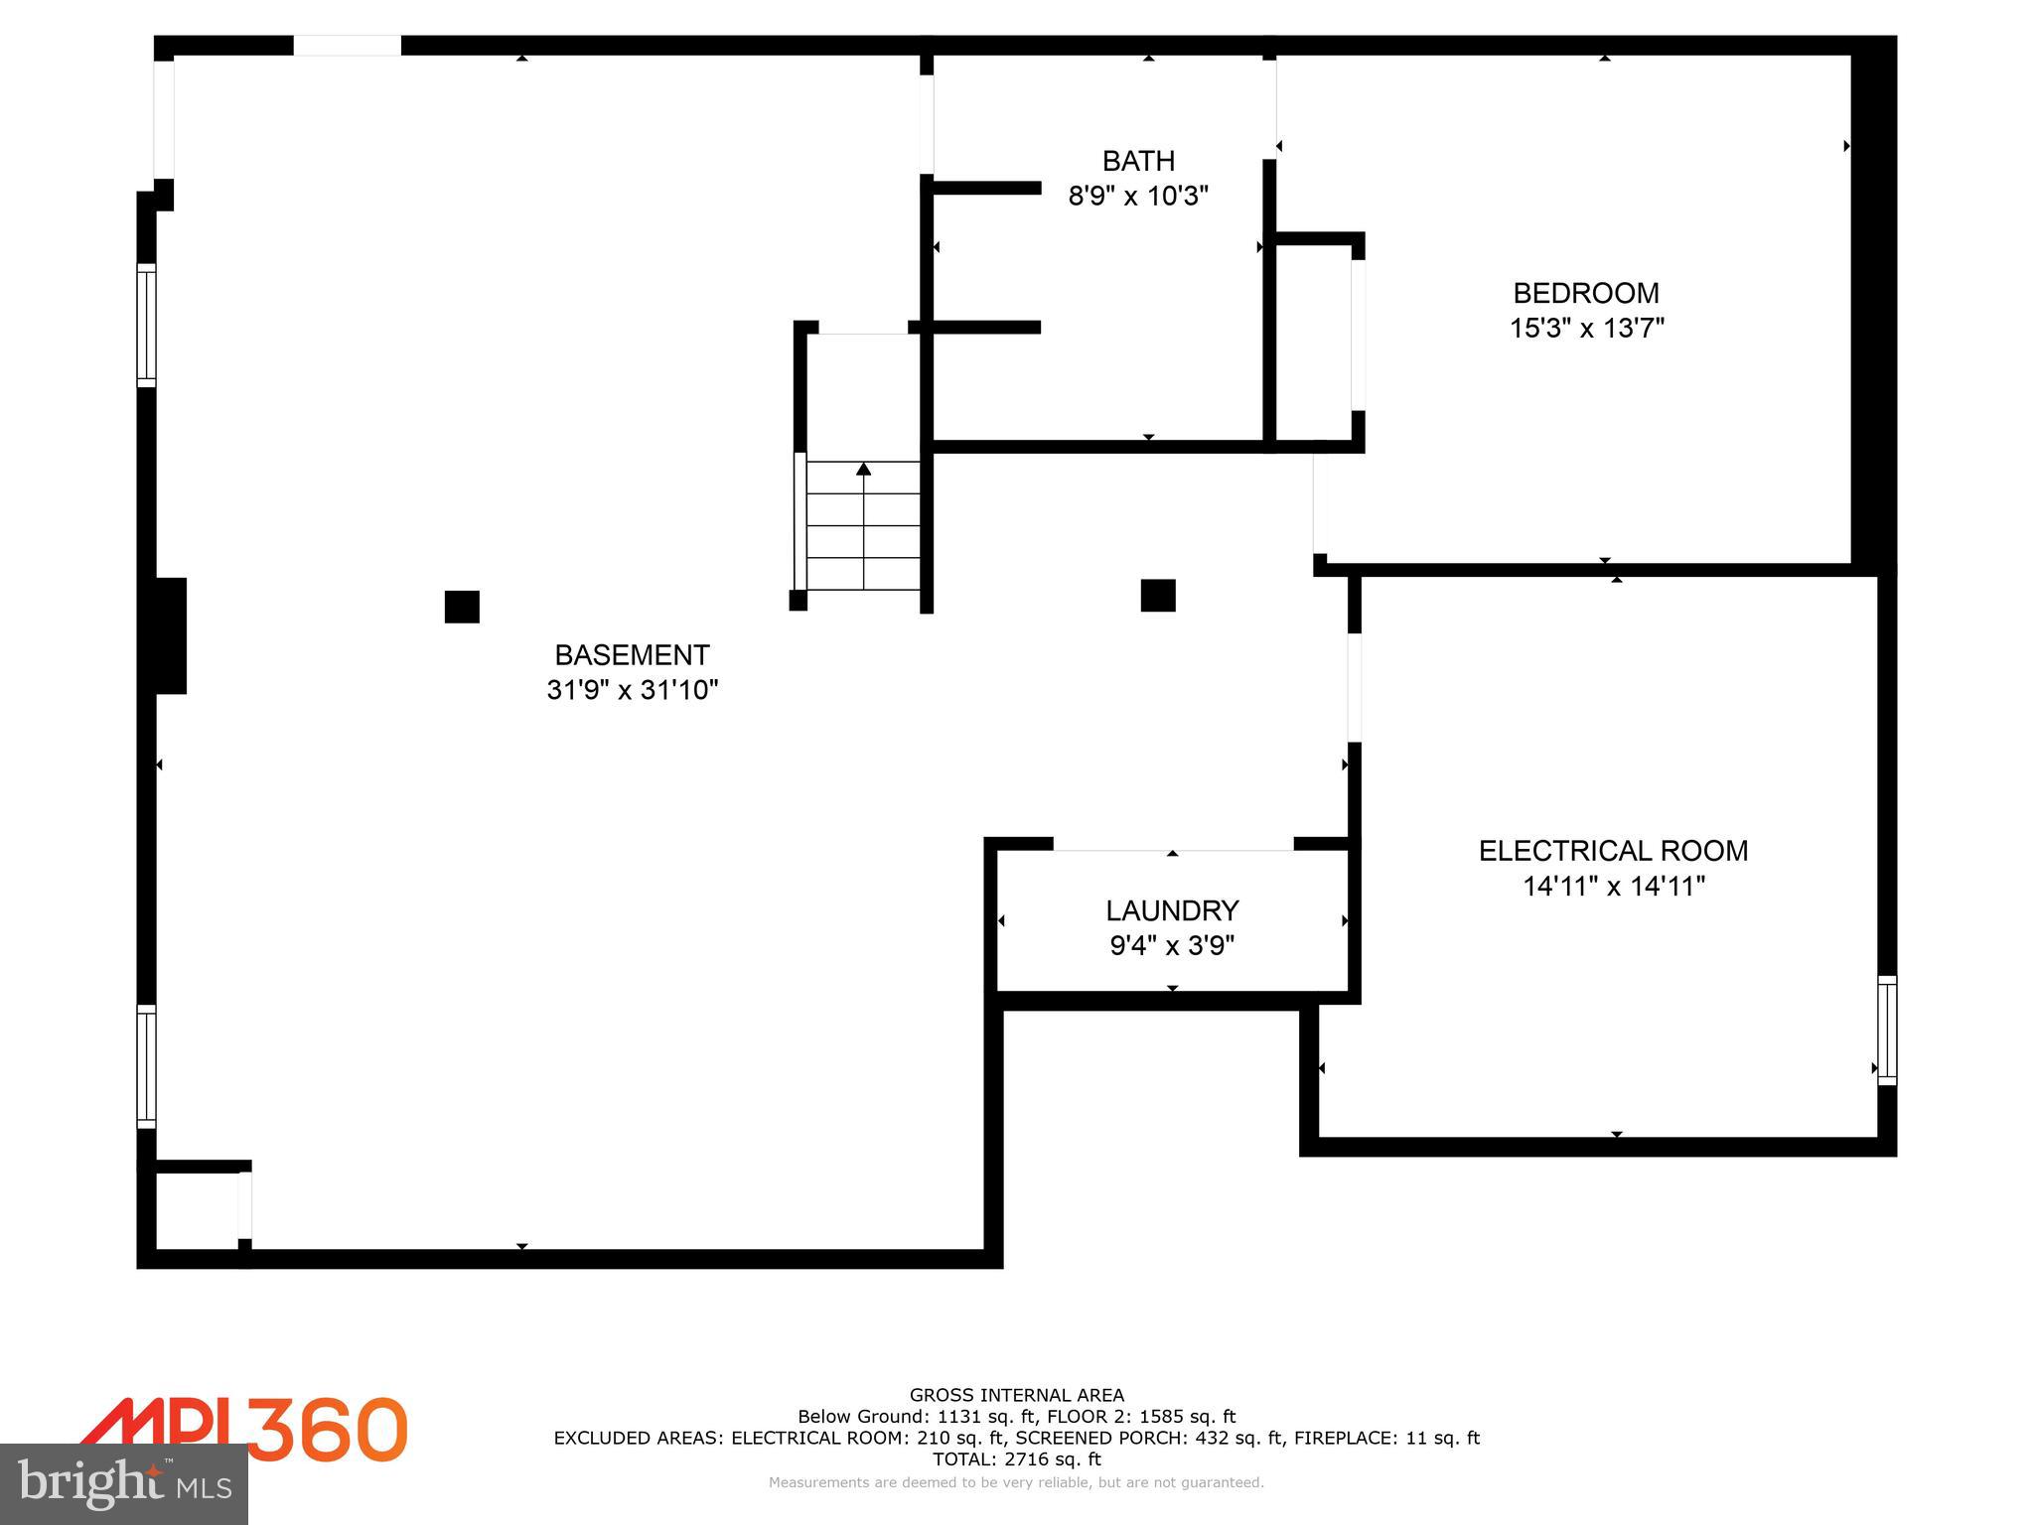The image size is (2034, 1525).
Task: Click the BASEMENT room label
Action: (x=632, y=655)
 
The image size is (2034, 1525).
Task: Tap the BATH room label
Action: (x=1138, y=161)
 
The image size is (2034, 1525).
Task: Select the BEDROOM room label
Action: (x=1586, y=293)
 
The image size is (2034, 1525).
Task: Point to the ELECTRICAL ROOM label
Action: (x=1613, y=851)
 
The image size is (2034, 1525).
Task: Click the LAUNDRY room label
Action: (x=1172, y=910)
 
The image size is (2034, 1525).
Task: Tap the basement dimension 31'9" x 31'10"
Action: (x=632, y=689)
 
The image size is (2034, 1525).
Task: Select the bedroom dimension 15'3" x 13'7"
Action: (x=1586, y=328)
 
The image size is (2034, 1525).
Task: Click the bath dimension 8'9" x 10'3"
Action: (x=1138, y=196)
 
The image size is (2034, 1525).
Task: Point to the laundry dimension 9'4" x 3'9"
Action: (x=1172, y=945)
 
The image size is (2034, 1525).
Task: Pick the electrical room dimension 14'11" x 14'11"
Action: (x=1613, y=886)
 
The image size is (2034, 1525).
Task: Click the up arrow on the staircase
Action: (x=864, y=469)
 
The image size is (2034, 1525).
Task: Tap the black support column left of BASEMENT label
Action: (x=462, y=607)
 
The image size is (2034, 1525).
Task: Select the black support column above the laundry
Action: (x=1158, y=596)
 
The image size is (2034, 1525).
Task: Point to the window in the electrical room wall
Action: (x=1887, y=1030)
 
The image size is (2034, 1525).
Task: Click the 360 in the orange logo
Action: (x=328, y=1429)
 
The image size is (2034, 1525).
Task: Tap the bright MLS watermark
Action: (x=124, y=1483)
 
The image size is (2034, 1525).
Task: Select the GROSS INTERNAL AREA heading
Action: (x=1016, y=1395)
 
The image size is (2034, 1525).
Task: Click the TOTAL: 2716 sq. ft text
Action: (x=1016, y=1459)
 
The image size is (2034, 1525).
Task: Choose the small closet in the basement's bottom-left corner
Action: (x=197, y=1209)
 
